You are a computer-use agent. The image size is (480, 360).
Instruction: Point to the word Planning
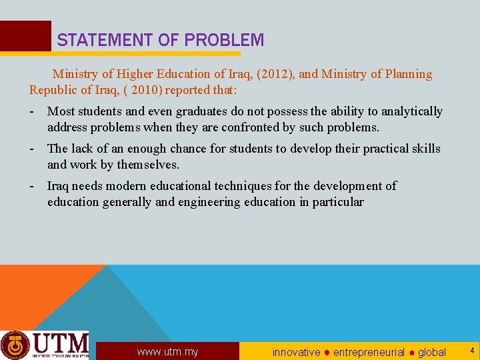tap(407, 74)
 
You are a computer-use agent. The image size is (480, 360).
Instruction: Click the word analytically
tap(411, 111)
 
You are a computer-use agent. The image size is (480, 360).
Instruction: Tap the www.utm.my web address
tap(167, 352)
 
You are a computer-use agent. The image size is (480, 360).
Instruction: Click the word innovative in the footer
tap(296, 352)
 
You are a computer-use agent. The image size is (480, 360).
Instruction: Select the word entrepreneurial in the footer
tap(369, 352)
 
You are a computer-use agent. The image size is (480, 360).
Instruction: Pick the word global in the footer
tap(432, 352)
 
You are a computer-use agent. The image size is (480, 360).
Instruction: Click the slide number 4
tap(472, 350)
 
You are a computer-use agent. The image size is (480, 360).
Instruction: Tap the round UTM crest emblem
tap(15, 345)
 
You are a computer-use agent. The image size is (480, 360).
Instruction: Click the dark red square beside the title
tap(25, 36)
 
